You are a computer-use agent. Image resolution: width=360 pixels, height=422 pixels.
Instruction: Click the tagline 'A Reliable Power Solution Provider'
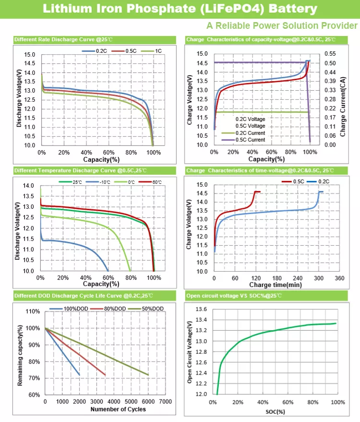click(x=282, y=25)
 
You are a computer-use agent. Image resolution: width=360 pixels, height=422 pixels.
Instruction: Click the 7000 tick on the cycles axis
click(x=165, y=401)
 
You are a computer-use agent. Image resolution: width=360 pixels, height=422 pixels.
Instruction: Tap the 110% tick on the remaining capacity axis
click(x=32, y=312)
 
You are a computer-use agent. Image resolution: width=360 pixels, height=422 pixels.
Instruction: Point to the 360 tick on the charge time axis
click(x=339, y=278)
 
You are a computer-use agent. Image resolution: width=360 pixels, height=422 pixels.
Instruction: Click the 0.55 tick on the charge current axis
click(x=331, y=54)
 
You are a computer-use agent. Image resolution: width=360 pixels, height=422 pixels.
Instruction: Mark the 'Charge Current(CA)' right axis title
click(x=343, y=101)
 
